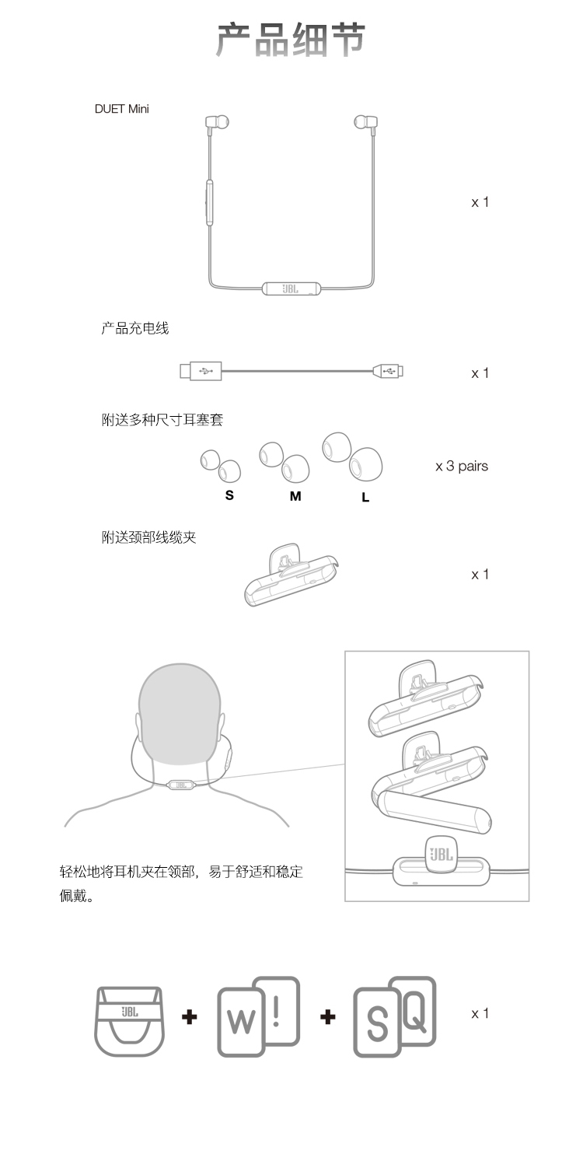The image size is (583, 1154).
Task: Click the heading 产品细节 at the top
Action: [291, 39]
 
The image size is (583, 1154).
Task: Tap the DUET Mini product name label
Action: [121, 109]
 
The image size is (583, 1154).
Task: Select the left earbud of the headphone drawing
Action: [217, 122]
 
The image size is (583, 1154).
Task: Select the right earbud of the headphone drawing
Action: [365, 122]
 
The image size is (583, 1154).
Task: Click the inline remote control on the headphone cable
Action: [210, 202]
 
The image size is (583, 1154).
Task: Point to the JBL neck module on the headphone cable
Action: [291, 288]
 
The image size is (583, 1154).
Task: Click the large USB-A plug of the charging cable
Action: [201, 371]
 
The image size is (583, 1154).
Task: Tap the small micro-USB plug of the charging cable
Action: [389, 370]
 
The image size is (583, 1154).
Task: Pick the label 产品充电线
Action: [135, 328]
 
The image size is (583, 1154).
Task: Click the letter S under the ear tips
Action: [229, 495]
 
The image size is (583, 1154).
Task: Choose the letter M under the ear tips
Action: [295, 496]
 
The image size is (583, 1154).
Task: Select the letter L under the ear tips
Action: [365, 497]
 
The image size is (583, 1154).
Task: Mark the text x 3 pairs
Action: [462, 467]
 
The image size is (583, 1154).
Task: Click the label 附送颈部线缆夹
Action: [148, 537]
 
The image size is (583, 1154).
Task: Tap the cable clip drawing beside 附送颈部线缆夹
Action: [291, 575]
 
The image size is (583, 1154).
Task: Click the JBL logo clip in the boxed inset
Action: [442, 855]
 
